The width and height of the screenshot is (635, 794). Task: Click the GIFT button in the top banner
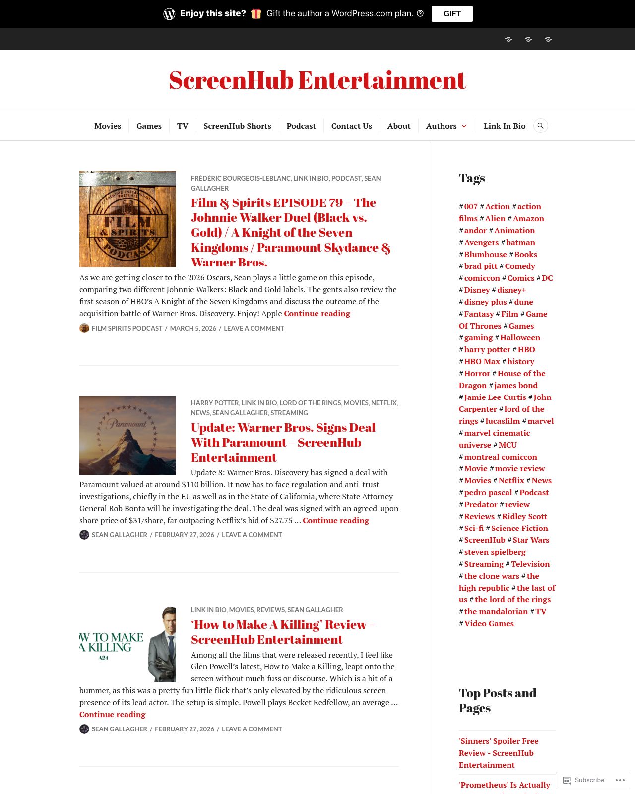coord(451,14)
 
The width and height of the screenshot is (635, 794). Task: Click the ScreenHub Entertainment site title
coord(317,80)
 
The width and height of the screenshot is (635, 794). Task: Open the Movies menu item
coord(108,126)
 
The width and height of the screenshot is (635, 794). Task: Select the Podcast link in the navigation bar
coord(301,126)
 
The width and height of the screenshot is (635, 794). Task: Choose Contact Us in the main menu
coord(351,126)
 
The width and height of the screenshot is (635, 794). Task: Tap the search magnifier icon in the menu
coord(540,126)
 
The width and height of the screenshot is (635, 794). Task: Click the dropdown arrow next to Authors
coord(464,126)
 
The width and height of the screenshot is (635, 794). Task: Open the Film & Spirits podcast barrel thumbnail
coord(127,219)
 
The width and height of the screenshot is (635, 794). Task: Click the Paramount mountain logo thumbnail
coord(127,435)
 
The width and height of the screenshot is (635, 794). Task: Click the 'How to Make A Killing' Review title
coord(283,632)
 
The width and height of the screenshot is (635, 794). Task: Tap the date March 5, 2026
coord(193,328)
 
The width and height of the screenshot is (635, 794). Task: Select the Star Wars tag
coord(531,540)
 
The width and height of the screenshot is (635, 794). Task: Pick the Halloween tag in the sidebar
coord(520,337)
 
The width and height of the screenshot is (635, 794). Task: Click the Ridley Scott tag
coord(524,516)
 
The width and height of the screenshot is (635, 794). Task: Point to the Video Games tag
coord(489,623)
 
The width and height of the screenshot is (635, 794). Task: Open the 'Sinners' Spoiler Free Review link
coord(499,753)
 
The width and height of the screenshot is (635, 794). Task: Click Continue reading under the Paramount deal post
coord(336,520)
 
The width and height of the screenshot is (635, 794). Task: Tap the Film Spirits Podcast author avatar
coord(84,328)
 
